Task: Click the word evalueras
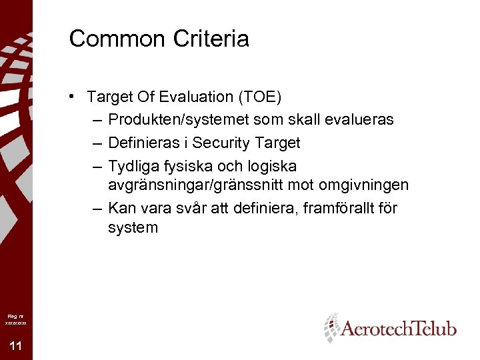click(x=360, y=120)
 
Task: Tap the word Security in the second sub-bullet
click(x=227, y=143)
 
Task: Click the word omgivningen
click(x=371, y=185)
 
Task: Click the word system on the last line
click(x=133, y=227)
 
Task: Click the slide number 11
click(x=16, y=345)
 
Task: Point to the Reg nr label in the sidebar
click(x=15, y=316)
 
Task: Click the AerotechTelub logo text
click(x=398, y=329)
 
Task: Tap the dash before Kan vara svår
click(x=98, y=208)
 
